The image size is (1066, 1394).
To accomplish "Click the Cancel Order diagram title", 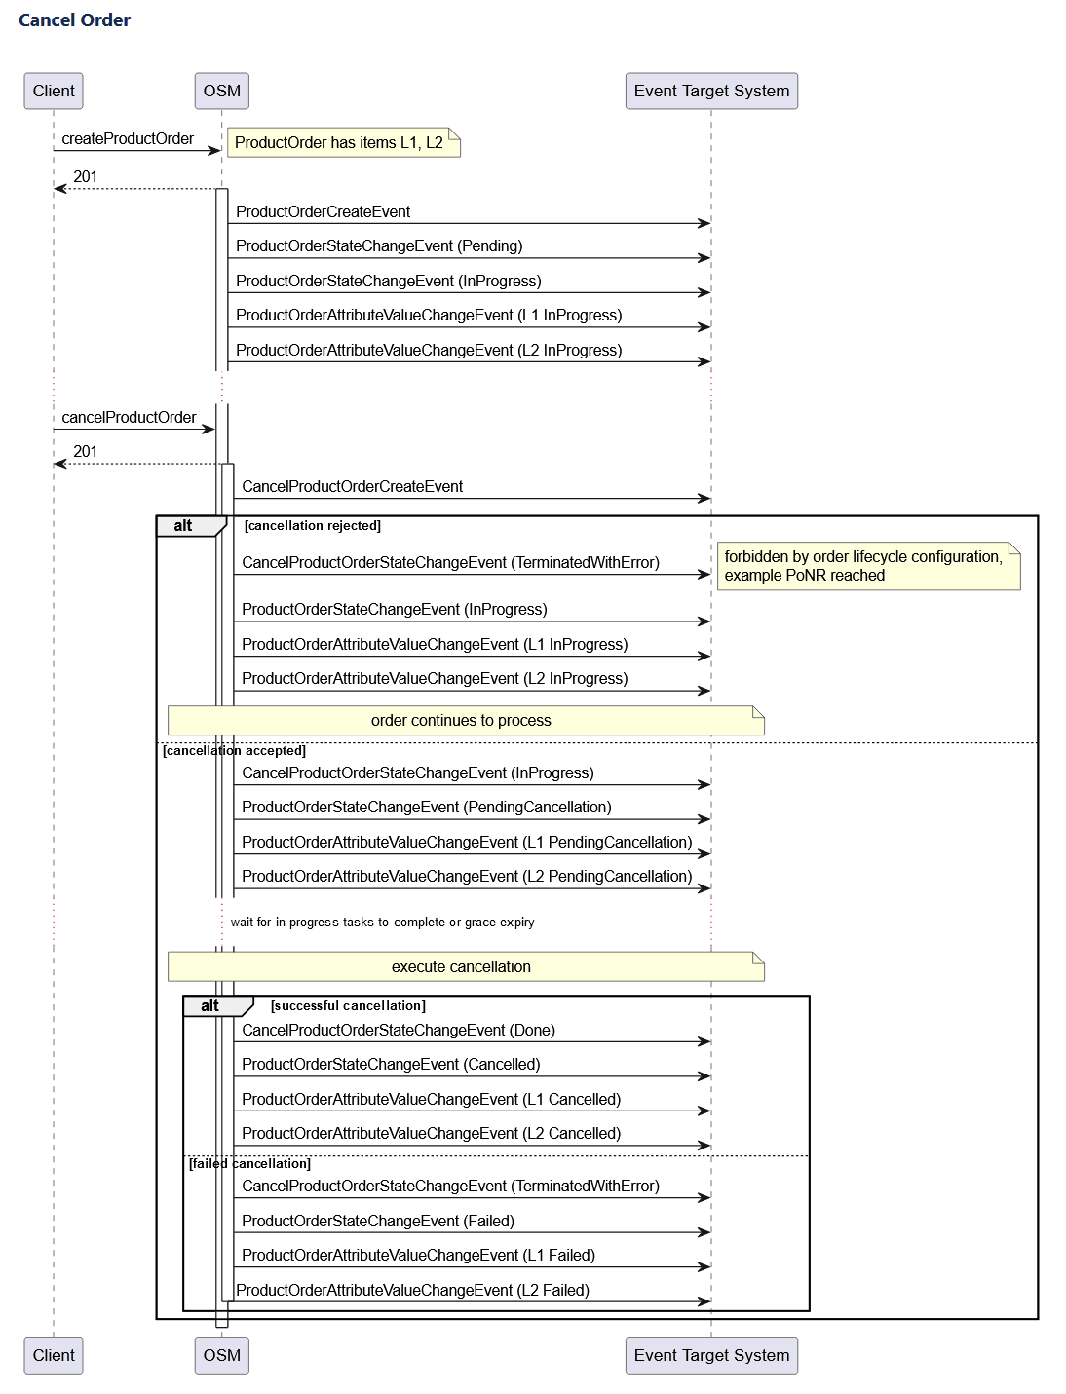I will coord(74,20).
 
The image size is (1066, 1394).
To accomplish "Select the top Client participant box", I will coord(54,91).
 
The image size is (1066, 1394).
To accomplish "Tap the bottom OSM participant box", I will coord(221,1355).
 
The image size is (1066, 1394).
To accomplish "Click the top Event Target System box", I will coord(711,91).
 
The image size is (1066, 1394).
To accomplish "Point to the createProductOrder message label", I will coord(128,139).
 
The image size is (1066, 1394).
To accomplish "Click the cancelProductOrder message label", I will coord(129,418).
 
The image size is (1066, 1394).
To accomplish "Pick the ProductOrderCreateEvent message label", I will coord(323,212).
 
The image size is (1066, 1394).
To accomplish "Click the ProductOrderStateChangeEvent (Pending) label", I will coord(379,246).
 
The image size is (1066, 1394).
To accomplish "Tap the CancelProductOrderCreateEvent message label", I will coord(352,487).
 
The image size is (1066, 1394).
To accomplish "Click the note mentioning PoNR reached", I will coord(867,566).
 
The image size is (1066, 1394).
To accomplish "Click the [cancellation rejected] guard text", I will coord(312,526).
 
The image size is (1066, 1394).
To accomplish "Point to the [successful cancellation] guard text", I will coord(348,1006).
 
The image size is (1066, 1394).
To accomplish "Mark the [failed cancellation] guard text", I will coord(249,1164).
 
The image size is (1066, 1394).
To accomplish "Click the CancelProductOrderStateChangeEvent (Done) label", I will coord(398,1031).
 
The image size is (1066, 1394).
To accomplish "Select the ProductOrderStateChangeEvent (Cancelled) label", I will coord(390,1065).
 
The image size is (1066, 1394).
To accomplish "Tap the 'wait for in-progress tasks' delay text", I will coord(382,923).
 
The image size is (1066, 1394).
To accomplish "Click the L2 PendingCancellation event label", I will coord(467,877).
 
